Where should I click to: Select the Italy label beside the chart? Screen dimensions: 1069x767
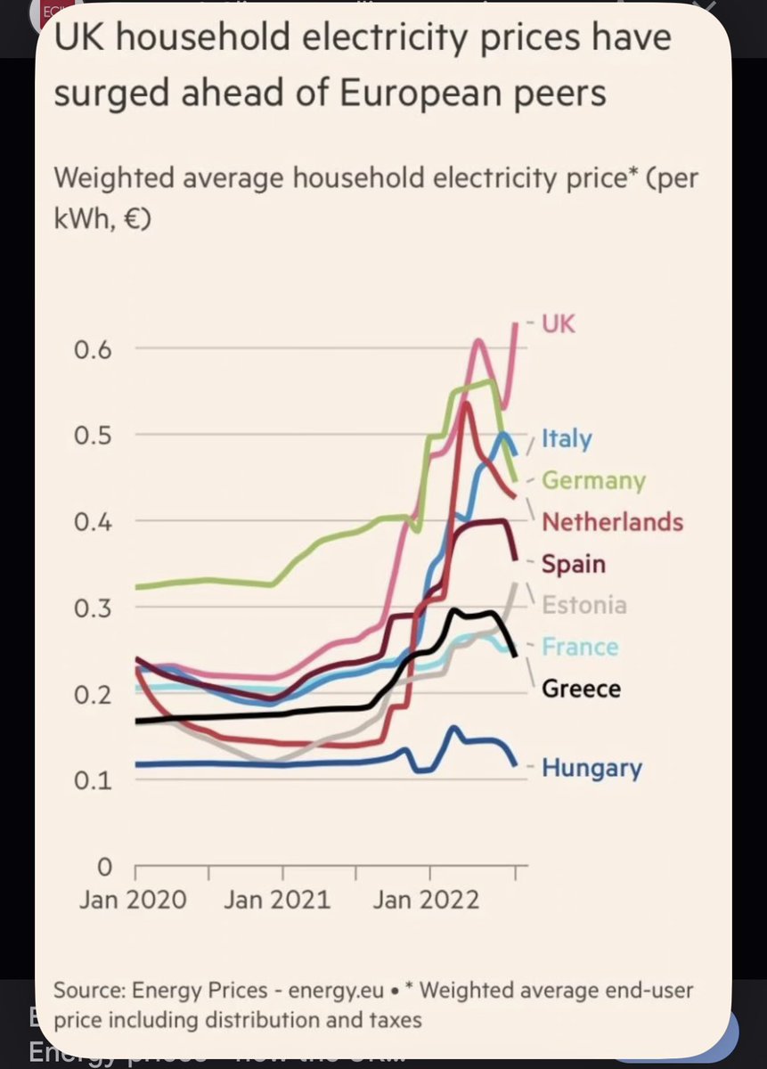point(566,439)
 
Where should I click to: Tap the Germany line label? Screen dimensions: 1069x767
point(593,481)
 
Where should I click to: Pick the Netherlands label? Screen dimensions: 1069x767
point(612,522)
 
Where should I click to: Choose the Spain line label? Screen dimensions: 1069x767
point(573,564)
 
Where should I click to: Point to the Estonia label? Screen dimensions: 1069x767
point(584,606)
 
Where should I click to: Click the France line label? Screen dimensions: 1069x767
point(580,647)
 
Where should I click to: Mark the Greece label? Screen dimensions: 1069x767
point(581,689)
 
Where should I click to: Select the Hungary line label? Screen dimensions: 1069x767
point(592,767)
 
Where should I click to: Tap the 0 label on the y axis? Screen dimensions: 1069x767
point(104,866)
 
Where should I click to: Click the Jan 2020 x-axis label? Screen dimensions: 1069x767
point(133,899)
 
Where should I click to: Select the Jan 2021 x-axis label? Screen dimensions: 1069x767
point(277,899)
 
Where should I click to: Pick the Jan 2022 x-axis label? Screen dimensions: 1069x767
point(424,899)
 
